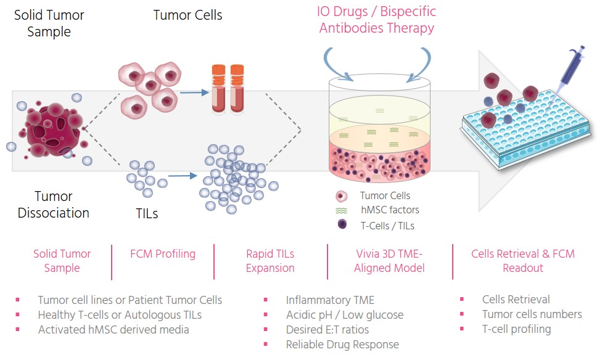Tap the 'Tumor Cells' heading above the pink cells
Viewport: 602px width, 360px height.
tap(188, 15)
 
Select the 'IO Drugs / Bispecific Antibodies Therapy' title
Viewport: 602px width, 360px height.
tap(376, 20)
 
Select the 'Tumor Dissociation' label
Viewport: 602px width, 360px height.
tap(53, 205)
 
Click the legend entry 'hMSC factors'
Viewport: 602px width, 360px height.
tap(389, 210)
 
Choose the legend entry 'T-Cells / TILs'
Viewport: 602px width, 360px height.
tap(387, 226)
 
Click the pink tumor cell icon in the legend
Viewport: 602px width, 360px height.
tap(342, 196)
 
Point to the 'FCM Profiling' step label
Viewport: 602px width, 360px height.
tap(163, 254)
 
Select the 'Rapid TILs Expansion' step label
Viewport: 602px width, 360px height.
tap(270, 261)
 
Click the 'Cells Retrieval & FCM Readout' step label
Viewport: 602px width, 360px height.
tap(522, 261)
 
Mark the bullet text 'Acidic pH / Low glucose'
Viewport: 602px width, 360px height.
tap(344, 315)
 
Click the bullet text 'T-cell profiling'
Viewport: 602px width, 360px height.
tap(516, 329)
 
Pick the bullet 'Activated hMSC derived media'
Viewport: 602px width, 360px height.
tap(113, 329)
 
